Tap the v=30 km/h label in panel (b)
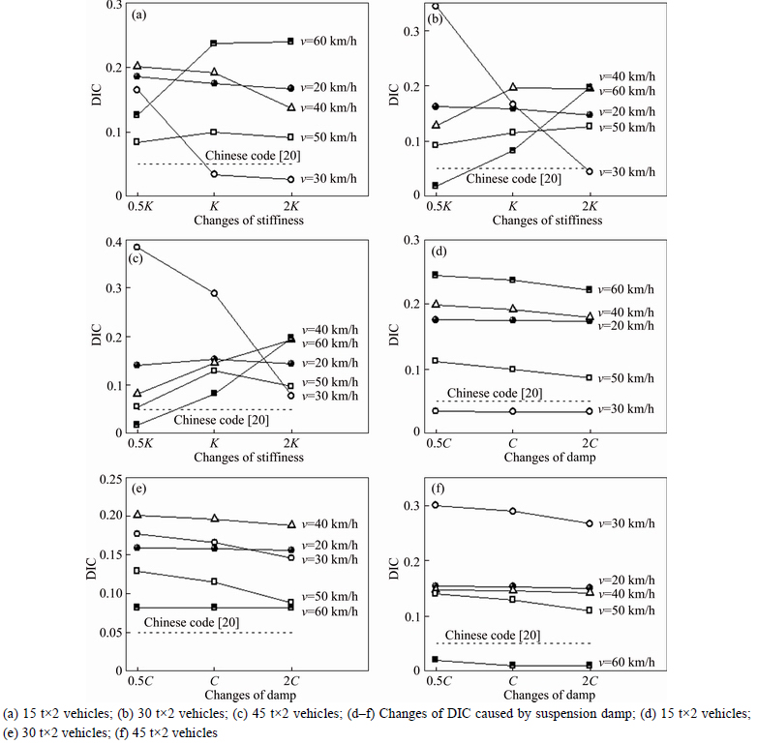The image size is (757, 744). point(624,172)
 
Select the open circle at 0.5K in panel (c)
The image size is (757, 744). point(136,247)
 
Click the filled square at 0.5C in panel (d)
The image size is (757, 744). point(435,275)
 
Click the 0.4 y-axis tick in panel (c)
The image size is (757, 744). point(113,242)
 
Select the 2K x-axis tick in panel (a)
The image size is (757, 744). point(290,206)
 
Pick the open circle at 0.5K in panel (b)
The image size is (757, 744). point(435,5)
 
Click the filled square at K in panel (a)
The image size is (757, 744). point(213,44)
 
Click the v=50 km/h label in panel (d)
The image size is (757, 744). point(624,377)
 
